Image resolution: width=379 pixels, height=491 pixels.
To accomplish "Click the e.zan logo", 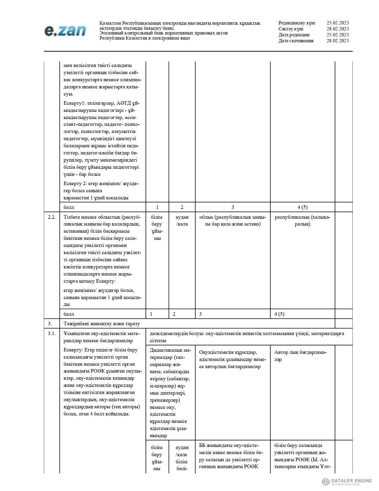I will [x=65, y=31].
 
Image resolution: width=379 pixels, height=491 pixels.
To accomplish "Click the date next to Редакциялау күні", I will [x=337, y=23].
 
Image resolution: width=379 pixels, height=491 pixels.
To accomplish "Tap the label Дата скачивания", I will [x=296, y=41].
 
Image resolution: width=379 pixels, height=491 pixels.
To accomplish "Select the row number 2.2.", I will [x=52, y=217].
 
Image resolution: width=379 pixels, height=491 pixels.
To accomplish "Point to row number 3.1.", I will [x=52, y=333].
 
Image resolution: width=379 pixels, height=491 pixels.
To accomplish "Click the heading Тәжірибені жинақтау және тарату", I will [x=102, y=323].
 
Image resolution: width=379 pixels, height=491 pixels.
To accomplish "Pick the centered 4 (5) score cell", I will [x=303, y=207].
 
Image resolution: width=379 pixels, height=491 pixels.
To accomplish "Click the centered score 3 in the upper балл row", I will [x=232, y=207].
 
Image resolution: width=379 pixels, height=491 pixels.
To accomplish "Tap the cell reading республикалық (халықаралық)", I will [x=303, y=221].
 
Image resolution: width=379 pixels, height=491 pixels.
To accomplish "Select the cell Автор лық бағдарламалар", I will [x=300, y=356].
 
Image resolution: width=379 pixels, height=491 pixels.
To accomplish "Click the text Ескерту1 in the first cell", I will [x=73, y=103].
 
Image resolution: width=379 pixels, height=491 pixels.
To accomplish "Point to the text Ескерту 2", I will [x=75, y=184].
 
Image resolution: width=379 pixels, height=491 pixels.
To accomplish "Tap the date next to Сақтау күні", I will [x=337, y=29].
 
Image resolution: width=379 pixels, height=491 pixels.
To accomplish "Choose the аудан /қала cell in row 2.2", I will [x=182, y=221].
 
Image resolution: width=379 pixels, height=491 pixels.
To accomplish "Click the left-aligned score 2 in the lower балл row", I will [x=174, y=314].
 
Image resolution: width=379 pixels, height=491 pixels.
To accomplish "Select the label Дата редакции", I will [x=294, y=35].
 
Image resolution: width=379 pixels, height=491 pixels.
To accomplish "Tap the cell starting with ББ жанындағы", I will [x=231, y=456].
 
